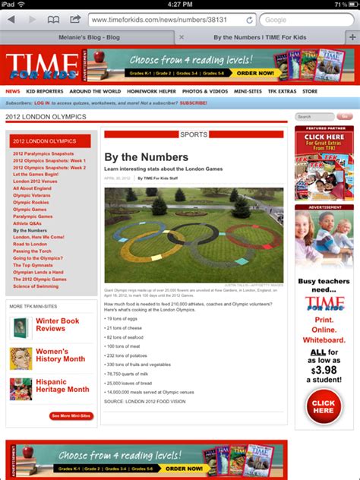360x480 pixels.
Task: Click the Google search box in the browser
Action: [304, 19]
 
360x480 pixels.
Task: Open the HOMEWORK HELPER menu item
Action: [151, 91]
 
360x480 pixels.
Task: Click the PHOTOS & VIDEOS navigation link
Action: [205, 91]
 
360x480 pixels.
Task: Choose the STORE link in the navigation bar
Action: [310, 91]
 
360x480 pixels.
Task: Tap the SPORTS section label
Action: [194, 134]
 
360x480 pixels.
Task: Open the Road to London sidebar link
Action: [28, 244]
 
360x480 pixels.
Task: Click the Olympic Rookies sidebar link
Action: [30, 203]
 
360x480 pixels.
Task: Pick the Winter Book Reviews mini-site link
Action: [57, 325]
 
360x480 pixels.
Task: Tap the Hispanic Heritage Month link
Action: [62, 385]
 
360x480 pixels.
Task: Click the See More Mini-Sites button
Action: [71, 415]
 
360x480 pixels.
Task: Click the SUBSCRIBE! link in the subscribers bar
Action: [193, 103]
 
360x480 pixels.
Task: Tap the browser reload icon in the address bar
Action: [249, 19]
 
